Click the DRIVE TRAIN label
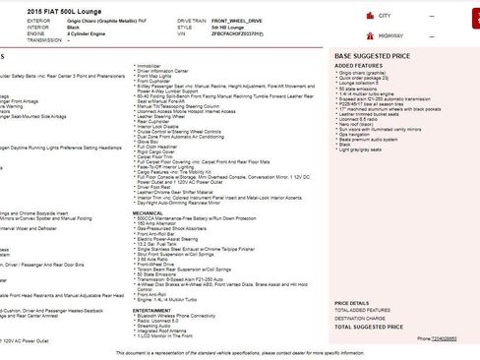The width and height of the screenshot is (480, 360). [x=193, y=18]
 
